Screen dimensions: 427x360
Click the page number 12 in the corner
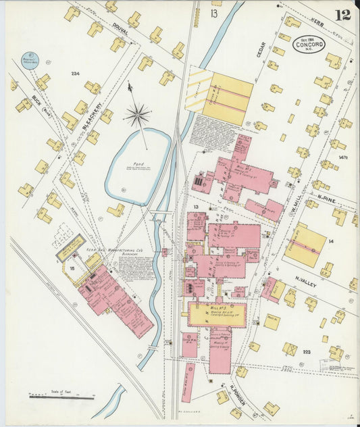coord(343,14)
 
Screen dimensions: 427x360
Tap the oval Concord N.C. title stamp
coord(309,45)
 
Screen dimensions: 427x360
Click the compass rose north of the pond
coord(137,115)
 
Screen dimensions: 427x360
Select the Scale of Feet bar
coord(61,397)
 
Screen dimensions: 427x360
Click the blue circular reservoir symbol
coord(30,61)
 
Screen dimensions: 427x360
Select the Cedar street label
coord(261,49)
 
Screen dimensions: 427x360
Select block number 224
coord(75,74)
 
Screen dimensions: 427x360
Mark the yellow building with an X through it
coord(290,349)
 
